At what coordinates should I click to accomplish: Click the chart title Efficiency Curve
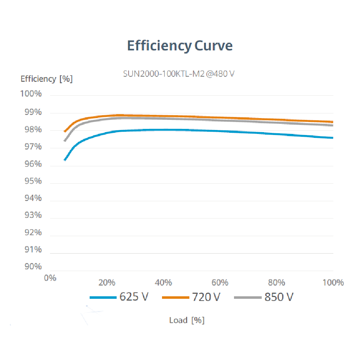pyautogui.click(x=180, y=46)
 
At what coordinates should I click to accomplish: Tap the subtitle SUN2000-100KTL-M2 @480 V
pyautogui.click(x=179, y=74)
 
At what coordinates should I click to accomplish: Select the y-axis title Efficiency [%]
pyautogui.click(x=46, y=79)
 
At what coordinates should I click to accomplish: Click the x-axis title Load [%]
pyautogui.click(x=187, y=320)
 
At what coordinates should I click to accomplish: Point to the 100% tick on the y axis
pyautogui.click(x=31, y=94)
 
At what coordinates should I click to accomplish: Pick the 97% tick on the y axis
pyautogui.click(x=33, y=147)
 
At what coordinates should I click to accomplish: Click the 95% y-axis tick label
pyautogui.click(x=33, y=181)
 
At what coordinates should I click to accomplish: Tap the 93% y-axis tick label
pyautogui.click(x=33, y=215)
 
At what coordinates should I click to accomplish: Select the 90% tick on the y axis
pyautogui.click(x=33, y=267)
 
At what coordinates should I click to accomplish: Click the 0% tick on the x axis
pyautogui.click(x=50, y=278)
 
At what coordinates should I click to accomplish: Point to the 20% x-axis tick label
pyautogui.click(x=107, y=282)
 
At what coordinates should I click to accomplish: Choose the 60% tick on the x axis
pyautogui.click(x=220, y=282)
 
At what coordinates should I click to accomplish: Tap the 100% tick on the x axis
pyautogui.click(x=333, y=282)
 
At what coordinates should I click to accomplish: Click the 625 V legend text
pyautogui.click(x=134, y=297)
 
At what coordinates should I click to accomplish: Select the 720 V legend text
pyautogui.click(x=206, y=297)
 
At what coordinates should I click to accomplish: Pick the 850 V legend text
pyautogui.click(x=279, y=297)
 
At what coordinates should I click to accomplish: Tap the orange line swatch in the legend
pyautogui.click(x=176, y=298)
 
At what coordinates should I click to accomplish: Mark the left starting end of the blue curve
pyautogui.click(x=64, y=160)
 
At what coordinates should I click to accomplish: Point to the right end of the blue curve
pyautogui.click(x=333, y=138)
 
